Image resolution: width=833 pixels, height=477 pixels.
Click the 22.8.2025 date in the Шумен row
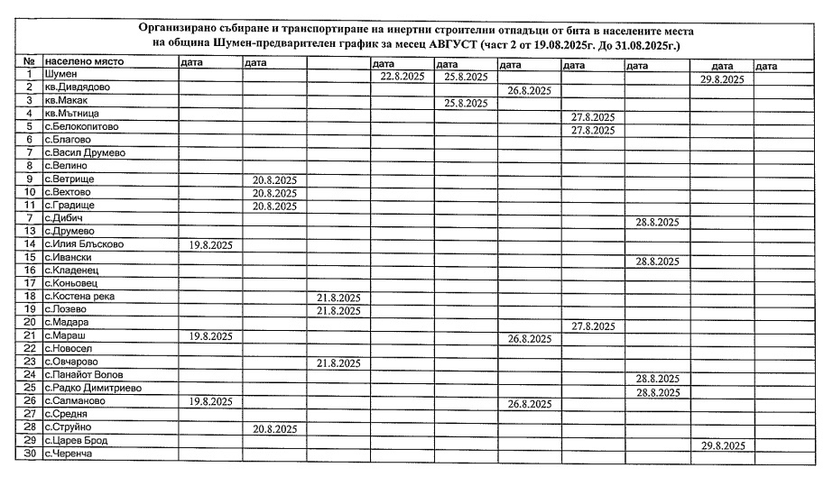click(x=402, y=78)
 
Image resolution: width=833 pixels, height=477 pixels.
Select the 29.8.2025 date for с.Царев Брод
click(x=722, y=445)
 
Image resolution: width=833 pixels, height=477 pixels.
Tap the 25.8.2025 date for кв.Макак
click(x=466, y=104)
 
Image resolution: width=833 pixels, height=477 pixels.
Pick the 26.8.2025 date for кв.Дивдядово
click(x=529, y=91)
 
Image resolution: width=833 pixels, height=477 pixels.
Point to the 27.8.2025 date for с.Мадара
click(x=593, y=326)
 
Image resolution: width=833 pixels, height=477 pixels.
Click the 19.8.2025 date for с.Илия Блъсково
click(x=211, y=244)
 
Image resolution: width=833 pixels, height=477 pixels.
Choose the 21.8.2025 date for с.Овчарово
click(x=338, y=363)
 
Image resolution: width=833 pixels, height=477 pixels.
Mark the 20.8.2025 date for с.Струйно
click(x=274, y=429)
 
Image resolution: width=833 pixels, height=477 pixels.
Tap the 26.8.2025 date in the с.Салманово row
click(x=529, y=404)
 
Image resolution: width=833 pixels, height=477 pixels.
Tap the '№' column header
click(x=29, y=62)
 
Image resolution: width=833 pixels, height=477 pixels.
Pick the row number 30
click(x=30, y=454)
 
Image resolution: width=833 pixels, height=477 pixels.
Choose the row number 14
click(x=30, y=243)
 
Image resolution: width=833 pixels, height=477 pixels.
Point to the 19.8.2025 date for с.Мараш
click(x=211, y=336)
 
